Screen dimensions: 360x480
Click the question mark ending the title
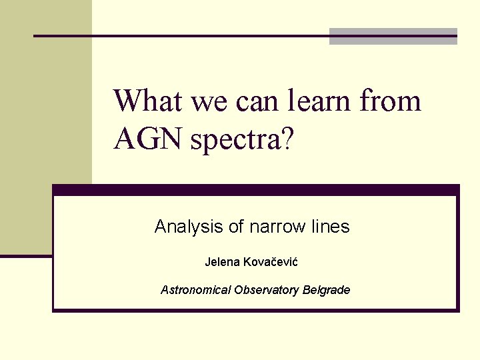coord(286,139)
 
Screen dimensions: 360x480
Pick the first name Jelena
coord(223,262)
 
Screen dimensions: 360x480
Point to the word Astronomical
coord(195,290)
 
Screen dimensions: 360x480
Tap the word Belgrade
coord(326,290)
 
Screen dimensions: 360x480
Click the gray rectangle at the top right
coord(393,37)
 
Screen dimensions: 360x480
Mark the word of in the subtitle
coord(236,227)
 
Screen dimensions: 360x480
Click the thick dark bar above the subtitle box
coord(256,190)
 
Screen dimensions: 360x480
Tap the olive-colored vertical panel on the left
coord(46,127)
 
